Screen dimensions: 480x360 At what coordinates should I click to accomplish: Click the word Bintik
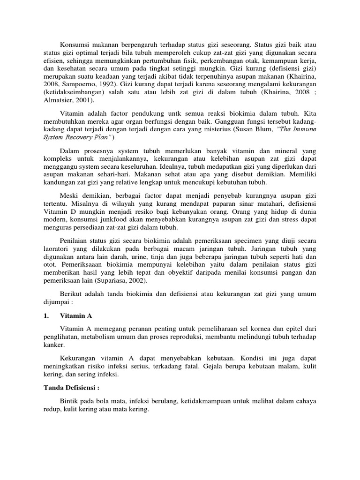(69, 401)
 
